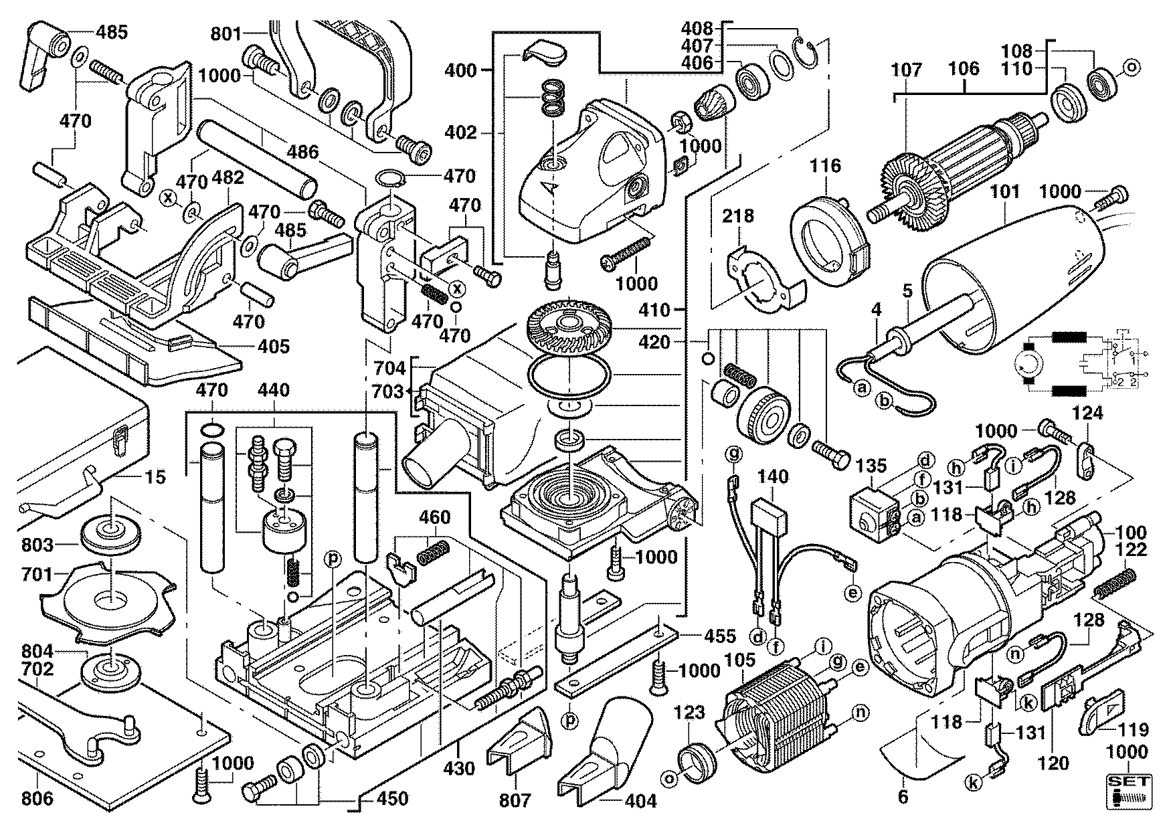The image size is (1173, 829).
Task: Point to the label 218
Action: pyautogui.click(x=738, y=215)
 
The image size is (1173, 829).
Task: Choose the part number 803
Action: pyautogui.click(x=36, y=545)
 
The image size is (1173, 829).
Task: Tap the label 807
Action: pyautogui.click(x=515, y=800)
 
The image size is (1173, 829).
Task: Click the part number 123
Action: pyautogui.click(x=689, y=713)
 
